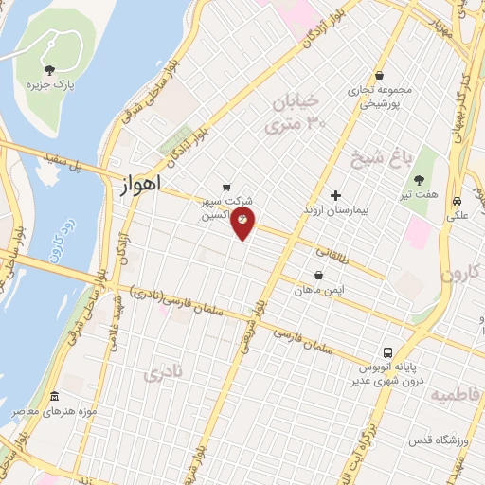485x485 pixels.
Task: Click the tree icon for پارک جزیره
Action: [49, 69]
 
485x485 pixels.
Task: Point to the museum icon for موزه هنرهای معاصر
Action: [53, 396]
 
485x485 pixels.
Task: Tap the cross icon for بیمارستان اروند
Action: [335, 194]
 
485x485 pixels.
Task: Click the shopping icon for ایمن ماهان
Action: [317, 275]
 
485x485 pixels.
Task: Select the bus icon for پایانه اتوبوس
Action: [387, 350]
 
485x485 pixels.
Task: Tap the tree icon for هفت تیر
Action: [418, 178]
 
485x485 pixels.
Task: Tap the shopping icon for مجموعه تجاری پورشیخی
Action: [379, 76]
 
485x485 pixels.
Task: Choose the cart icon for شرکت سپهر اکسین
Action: [226, 188]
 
